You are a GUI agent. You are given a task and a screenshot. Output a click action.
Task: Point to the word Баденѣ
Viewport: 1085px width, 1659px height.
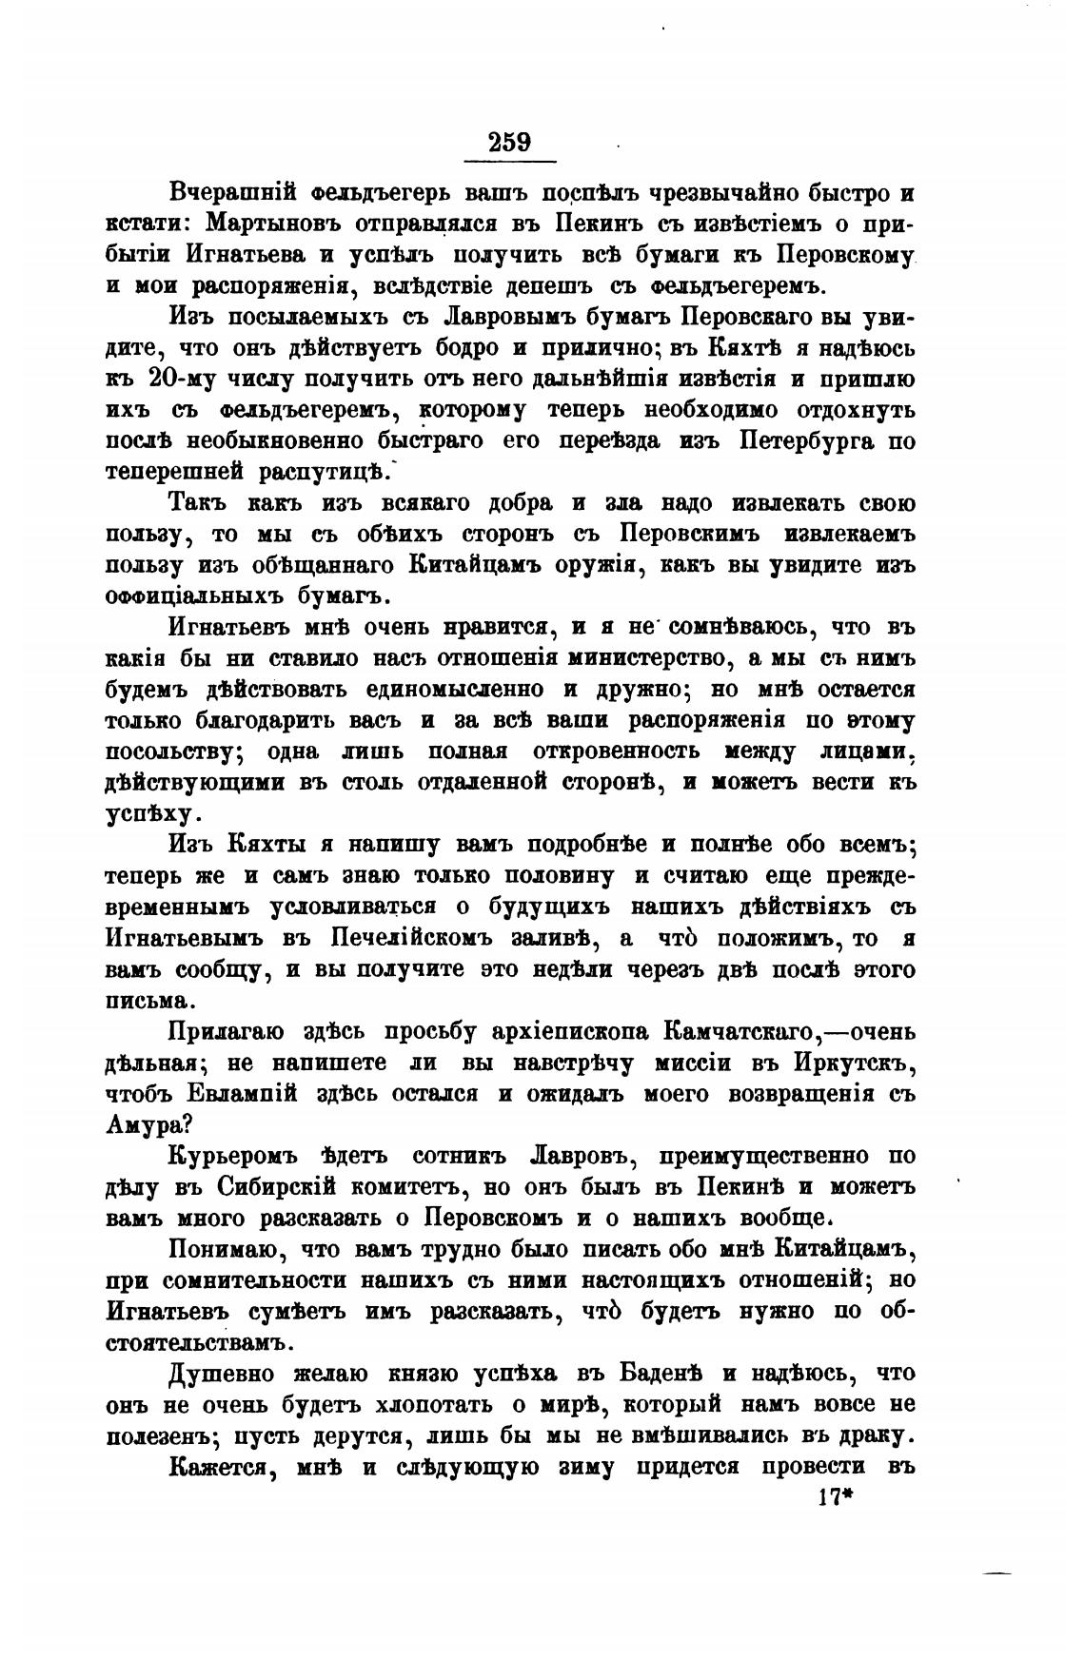(660, 1374)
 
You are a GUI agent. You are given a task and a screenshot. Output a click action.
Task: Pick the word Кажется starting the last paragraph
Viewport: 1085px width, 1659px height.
(223, 1467)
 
